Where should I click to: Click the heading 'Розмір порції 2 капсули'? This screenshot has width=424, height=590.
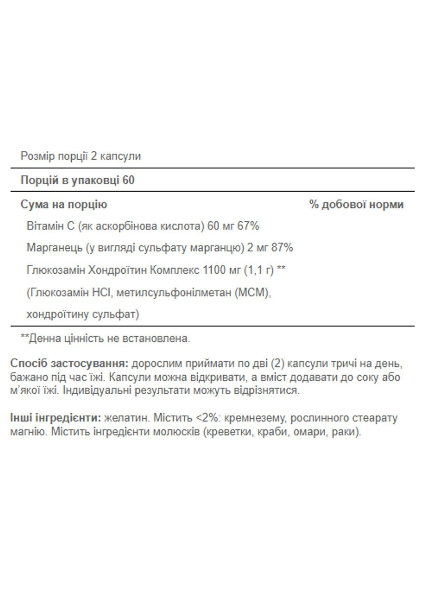[81, 156]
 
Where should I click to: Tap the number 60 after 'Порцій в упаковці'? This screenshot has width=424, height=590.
[128, 180]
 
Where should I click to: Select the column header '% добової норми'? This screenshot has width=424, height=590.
[356, 204]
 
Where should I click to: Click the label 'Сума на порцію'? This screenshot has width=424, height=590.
[64, 204]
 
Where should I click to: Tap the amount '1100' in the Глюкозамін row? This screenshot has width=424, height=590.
[214, 270]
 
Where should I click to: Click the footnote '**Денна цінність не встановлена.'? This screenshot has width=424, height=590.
[105, 338]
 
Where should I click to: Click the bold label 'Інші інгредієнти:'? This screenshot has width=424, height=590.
[55, 418]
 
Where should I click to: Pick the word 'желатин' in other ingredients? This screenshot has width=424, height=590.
[127, 418]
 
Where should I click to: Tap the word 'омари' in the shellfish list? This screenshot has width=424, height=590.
[307, 432]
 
